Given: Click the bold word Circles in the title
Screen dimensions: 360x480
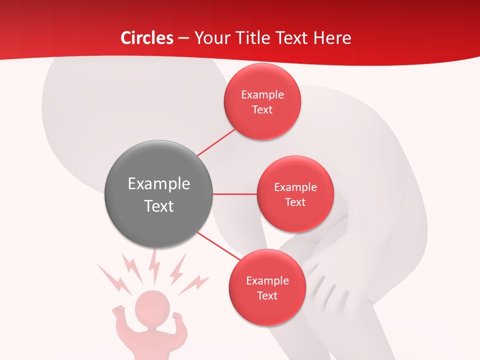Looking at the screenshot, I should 146,38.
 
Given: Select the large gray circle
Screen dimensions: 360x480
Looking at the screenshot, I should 159,194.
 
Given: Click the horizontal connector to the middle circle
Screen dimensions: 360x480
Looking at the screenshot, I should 235,194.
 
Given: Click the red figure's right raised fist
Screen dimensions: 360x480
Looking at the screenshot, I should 177,317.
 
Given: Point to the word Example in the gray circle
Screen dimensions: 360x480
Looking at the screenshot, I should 159,184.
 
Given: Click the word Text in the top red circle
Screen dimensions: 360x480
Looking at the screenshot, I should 262,110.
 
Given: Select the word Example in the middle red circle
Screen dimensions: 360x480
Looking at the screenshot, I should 295,187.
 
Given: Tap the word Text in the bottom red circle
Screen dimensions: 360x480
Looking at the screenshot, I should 267,296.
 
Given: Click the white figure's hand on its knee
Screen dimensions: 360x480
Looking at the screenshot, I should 325,280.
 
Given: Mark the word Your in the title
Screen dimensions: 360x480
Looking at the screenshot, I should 207,38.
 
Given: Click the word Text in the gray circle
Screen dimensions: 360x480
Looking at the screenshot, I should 159,206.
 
